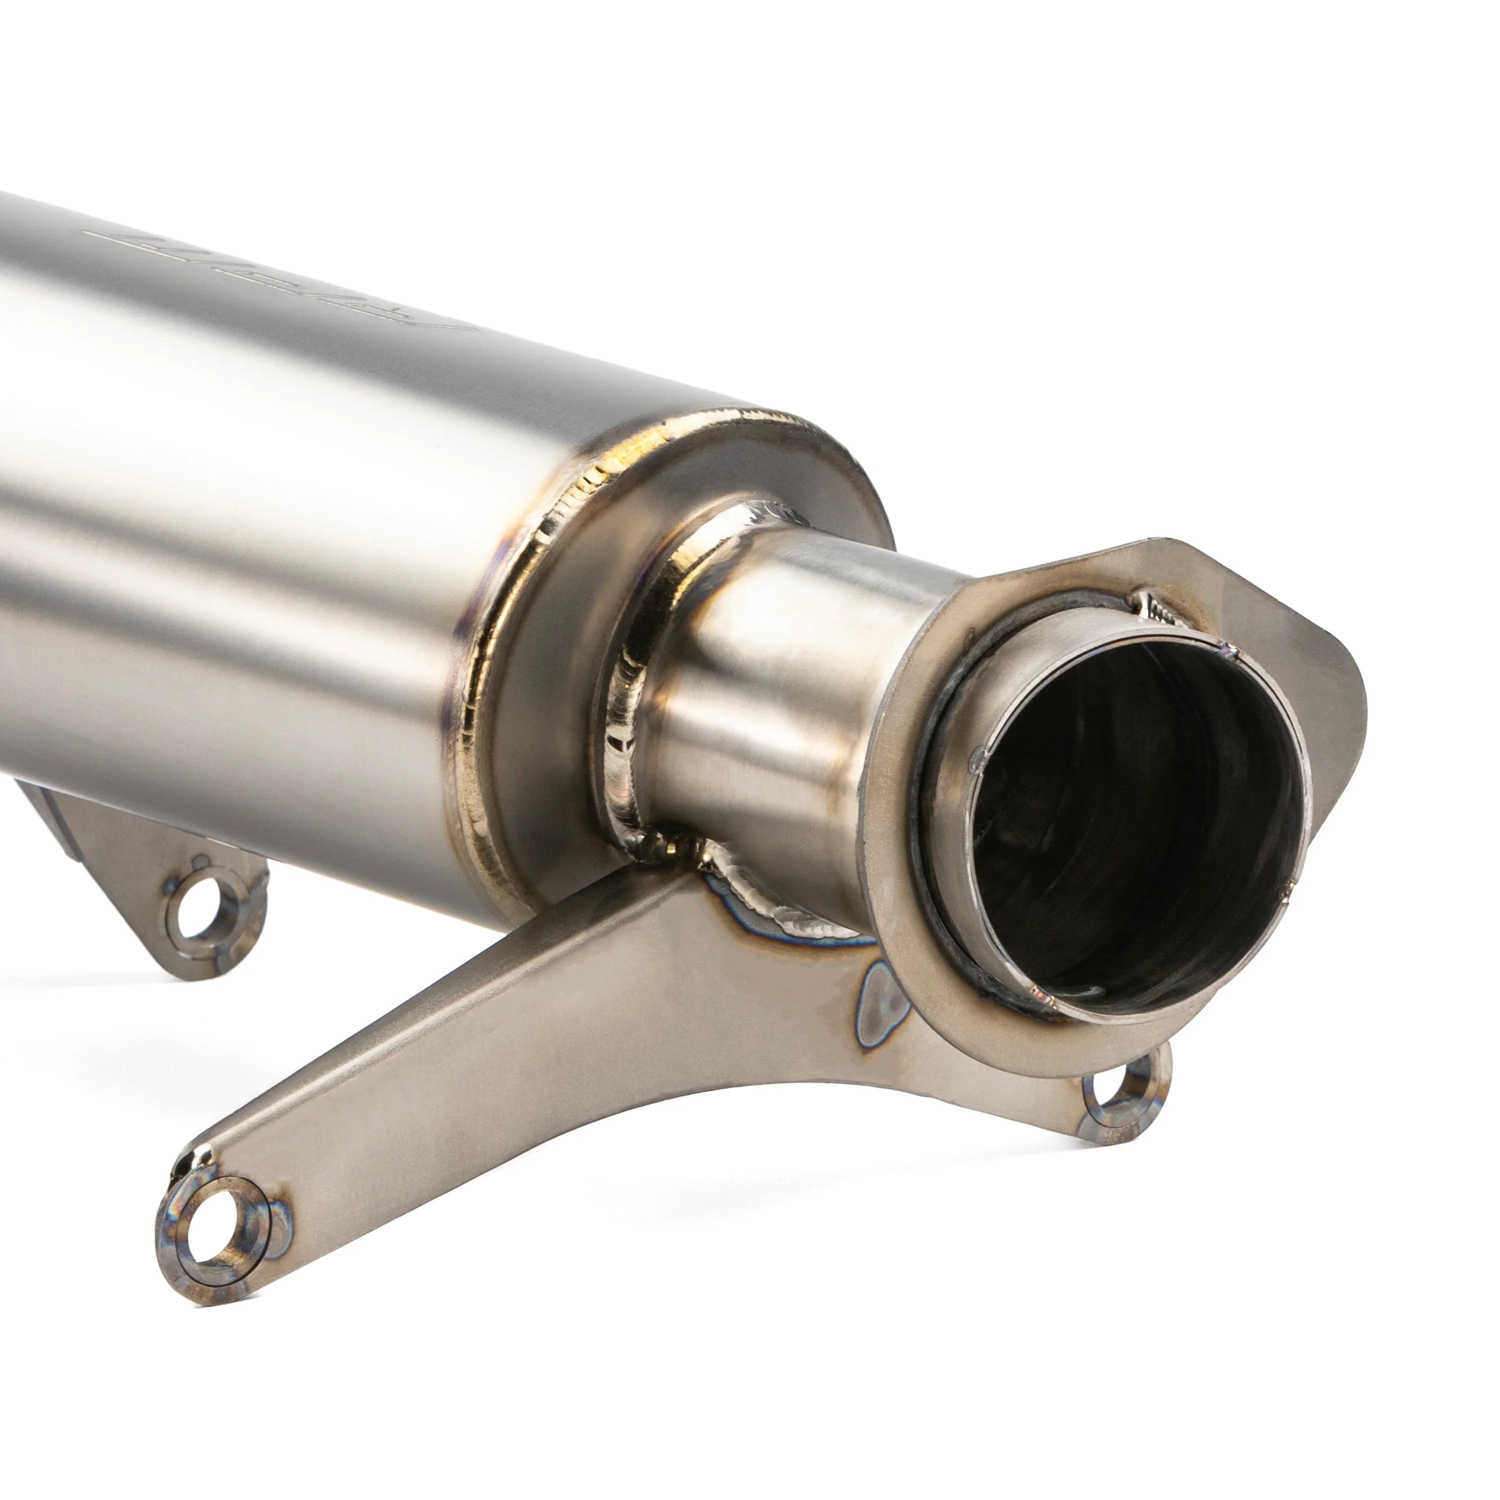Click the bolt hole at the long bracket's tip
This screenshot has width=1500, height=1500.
point(208,1234)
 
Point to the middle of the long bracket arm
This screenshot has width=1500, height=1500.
point(543,1032)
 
